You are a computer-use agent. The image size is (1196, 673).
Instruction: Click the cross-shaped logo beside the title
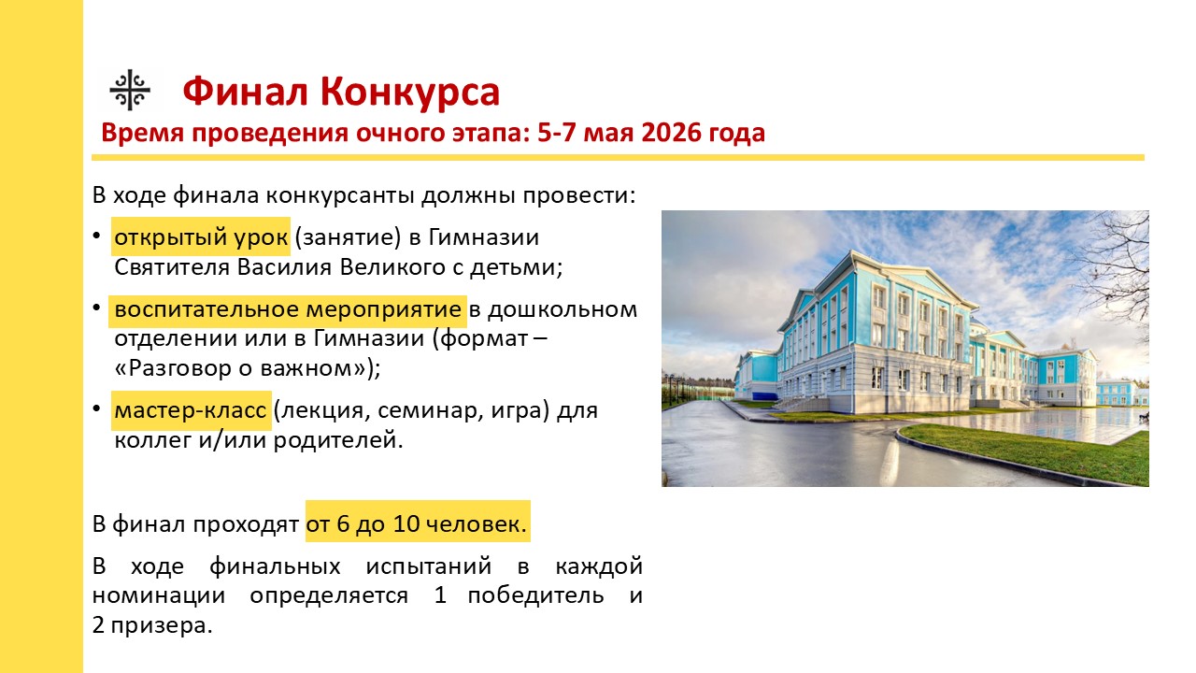coord(130,90)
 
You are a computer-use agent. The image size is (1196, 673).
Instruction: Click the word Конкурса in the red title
coord(410,92)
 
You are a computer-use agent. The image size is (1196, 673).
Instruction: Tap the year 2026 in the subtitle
coord(671,133)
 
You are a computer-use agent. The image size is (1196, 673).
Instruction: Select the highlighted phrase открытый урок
coord(201,236)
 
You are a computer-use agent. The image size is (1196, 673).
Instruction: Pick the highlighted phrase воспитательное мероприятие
coord(288,309)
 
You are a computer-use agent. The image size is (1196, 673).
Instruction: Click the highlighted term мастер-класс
coord(191,410)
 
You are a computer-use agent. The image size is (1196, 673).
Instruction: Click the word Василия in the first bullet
coord(285,267)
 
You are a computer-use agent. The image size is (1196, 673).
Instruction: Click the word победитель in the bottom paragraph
coord(535,595)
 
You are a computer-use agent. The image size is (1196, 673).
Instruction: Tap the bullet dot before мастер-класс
coord(96,408)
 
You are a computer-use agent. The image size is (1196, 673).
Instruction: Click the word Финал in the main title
coord(245,92)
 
